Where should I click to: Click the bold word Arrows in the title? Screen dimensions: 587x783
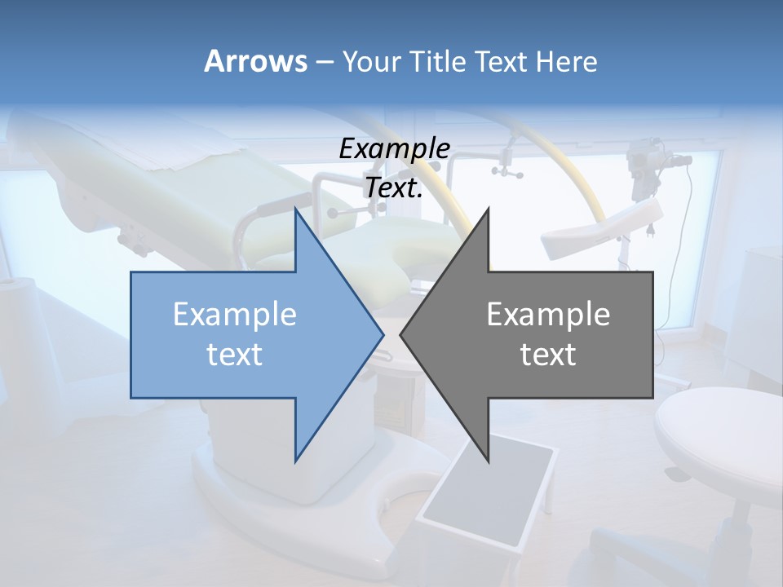255,61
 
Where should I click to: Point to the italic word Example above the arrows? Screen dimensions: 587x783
394,149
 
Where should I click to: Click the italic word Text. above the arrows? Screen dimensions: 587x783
394,188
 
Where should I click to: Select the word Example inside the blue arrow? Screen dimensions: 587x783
235,315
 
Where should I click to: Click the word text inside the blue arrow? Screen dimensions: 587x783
235,355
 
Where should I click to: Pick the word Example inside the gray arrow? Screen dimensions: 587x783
548,315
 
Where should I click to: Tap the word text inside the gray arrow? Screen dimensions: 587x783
548,355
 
